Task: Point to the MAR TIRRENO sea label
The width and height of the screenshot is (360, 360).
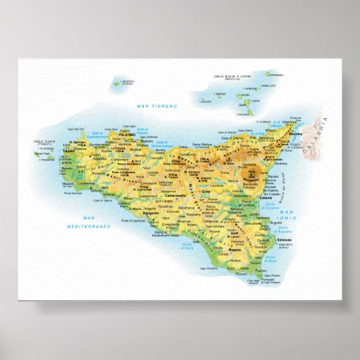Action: coord(156,107)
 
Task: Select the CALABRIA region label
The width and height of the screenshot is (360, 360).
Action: coord(325,128)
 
